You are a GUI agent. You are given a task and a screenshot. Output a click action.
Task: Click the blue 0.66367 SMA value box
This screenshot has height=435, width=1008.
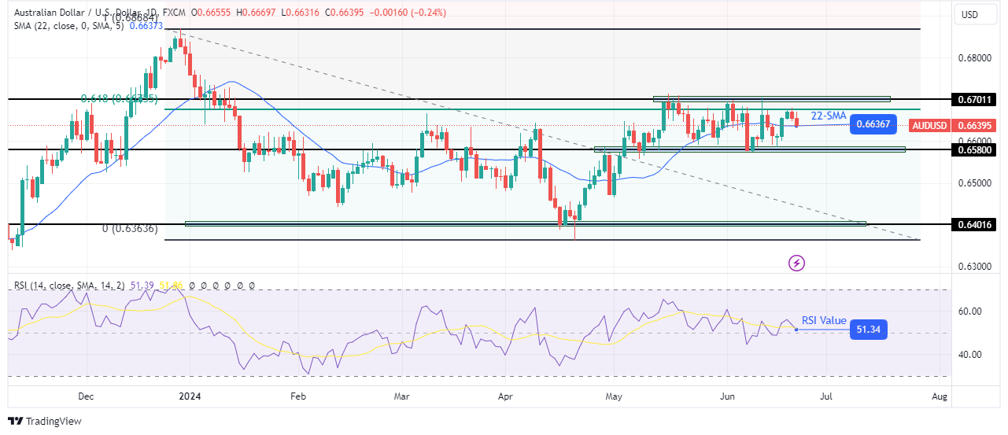pyautogui.click(x=874, y=124)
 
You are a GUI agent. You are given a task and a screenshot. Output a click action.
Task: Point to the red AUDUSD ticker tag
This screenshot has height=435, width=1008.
pyautogui.click(x=929, y=125)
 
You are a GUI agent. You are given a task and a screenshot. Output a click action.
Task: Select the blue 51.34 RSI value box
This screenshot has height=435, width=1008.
pyautogui.click(x=869, y=330)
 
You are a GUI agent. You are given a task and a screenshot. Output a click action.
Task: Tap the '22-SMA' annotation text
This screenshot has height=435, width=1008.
pyautogui.click(x=828, y=115)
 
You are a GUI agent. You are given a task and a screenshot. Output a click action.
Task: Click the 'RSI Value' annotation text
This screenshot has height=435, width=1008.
pyautogui.click(x=824, y=320)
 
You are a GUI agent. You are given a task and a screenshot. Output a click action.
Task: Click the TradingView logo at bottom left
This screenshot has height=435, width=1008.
pyautogui.click(x=45, y=421)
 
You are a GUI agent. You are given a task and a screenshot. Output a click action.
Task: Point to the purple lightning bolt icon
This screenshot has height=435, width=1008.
pyautogui.click(x=796, y=263)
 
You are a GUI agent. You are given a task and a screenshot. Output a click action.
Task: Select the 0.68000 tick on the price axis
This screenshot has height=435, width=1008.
pyautogui.click(x=974, y=59)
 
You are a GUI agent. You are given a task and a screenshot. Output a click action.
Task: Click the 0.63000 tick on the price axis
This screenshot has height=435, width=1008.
pyautogui.click(x=974, y=267)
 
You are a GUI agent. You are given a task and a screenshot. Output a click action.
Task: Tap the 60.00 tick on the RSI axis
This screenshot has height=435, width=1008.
pyautogui.click(x=972, y=312)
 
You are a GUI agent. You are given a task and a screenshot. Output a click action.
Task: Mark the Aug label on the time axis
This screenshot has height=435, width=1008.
pyautogui.click(x=939, y=398)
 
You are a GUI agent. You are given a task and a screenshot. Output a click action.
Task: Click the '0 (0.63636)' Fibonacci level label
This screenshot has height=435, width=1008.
pyautogui.click(x=130, y=229)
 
